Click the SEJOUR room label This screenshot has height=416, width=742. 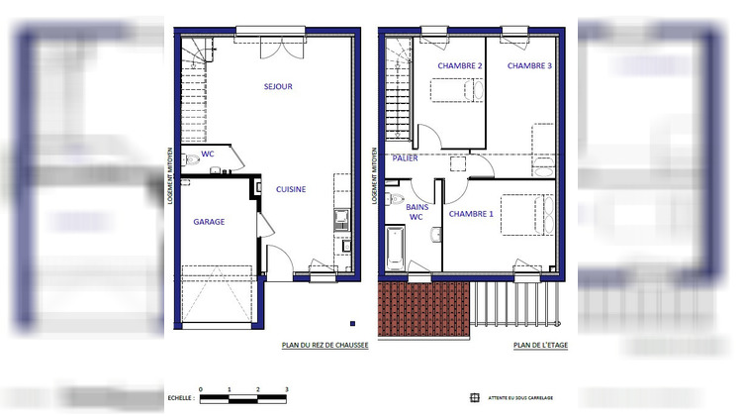tap(278, 86)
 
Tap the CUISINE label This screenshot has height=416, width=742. tap(291, 189)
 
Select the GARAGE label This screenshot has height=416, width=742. tap(209, 222)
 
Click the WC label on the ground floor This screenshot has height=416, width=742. tap(208, 155)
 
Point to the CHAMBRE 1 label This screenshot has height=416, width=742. tap(471, 213)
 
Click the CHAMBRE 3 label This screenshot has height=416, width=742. tap(529, 65)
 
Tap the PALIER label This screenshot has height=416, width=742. tap(405, 157)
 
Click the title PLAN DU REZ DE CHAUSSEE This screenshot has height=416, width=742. tap(325, 346)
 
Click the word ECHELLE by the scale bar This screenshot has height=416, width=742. tap(181, 399)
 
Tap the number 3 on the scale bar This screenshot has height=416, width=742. tap(286, 390)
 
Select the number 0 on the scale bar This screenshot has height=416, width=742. tap(200, 390)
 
